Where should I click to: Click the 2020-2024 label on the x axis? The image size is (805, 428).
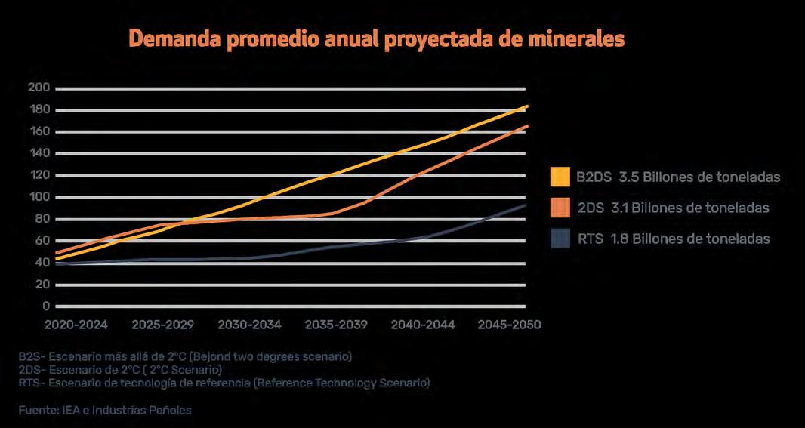pyautogui.click(x=76, y=325)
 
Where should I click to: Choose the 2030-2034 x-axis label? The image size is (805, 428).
pyautogui.click(x=249, y=325)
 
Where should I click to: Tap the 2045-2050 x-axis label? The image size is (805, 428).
pyautogui.click(x=509, y=325)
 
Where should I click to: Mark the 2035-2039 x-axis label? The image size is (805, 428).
pyautogui.click(x=336, y=325)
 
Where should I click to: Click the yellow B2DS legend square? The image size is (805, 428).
pyautogui.click(x=560, y=177)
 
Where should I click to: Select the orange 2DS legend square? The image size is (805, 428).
pyautogui.click(x=560, y=208)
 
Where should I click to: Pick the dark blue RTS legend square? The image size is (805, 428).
pyautogui.click(x=560, y=239)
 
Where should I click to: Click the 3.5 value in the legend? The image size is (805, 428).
pyautogui.click(x=628, y=177)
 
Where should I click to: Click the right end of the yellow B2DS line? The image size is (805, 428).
pyautogui.click(x=527, y=106)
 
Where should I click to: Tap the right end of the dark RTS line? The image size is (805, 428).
pyautogui.click(x=527, y=205)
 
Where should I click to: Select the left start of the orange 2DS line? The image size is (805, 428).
pyautogui.click(x=57, y=253)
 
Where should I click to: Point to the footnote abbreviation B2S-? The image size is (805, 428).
pyautogui.click(x=32, y=356)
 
